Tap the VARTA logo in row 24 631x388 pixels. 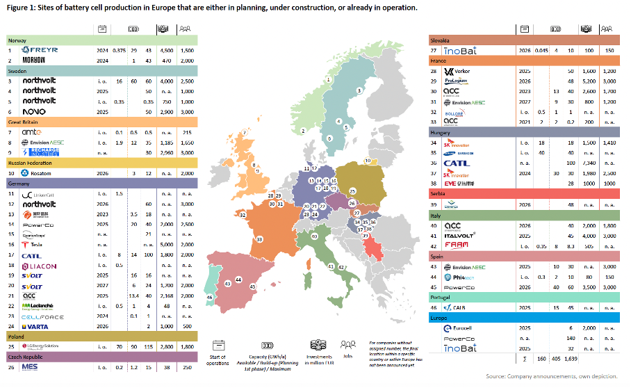[x=35, y=325]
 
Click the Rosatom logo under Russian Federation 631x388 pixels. [x=38, y=172]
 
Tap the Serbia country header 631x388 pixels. [x=438, y=195]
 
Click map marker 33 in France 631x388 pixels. [x=259, y=239]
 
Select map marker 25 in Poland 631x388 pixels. [x=352, y=191]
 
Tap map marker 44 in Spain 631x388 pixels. [x=238, y=279]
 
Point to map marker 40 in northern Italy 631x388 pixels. [x=314, y=236]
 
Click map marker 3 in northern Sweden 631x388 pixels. [x=359, y=91]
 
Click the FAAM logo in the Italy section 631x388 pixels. [x=454, y=246]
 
